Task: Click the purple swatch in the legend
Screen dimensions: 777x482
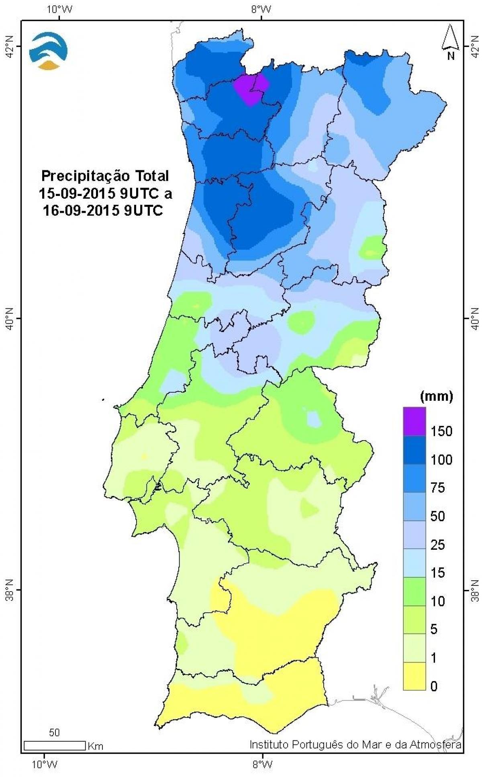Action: coord(414,421)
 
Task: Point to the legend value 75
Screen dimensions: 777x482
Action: coord(438,488)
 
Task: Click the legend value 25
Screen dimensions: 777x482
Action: coord(438,545)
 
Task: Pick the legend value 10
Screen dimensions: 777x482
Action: coord(438,601)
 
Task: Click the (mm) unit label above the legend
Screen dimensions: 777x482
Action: coord(436,397)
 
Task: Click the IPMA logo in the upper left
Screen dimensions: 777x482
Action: coord(49,51)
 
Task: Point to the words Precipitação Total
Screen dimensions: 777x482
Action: coord(105,176)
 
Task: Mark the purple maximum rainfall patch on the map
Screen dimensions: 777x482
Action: coord(252,89)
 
